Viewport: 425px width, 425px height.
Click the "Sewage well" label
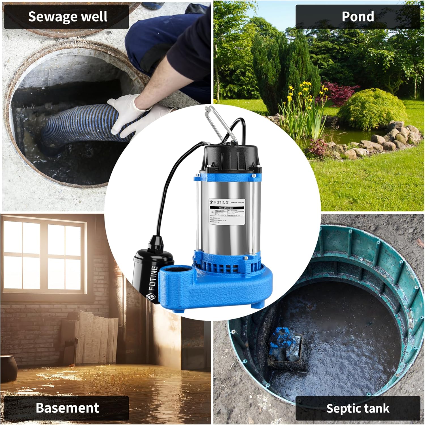(67, 17)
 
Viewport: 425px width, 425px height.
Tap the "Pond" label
(358, 16)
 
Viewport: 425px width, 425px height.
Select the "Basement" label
(67, 408)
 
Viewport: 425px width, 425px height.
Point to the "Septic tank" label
(358, 408)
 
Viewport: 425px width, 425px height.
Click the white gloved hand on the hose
(127, 113)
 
